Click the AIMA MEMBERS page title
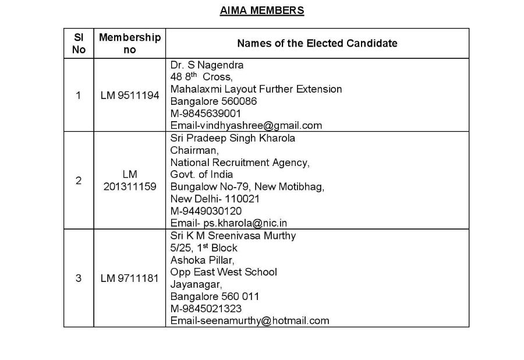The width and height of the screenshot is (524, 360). (x=261, y=10)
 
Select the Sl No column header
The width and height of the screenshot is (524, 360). (x=79, y=43)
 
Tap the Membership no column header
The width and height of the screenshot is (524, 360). (x=130, y=43)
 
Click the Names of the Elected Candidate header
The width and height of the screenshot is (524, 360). (x=317, y=43)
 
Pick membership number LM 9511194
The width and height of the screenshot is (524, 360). (x=130, y=96)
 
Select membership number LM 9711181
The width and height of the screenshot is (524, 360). (x=130, y=278)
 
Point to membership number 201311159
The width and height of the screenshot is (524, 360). (x=130, y=186)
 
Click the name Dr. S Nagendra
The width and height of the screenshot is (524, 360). (x=207, y=65)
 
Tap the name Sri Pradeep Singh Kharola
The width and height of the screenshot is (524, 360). (x=232, y=138)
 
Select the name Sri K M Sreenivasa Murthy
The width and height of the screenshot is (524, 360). (x=233, y=236)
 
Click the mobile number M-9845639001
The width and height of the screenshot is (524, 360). (x=206, y=113)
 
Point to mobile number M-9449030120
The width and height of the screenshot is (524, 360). (x=206, y=211)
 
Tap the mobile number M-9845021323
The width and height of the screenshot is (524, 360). (x=206, y=308)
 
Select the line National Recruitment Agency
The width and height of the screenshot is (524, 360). (x=240, y=163)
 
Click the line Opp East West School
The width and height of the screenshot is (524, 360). (x=224, y=272)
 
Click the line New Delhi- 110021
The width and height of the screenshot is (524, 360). (x=215, y=199)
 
